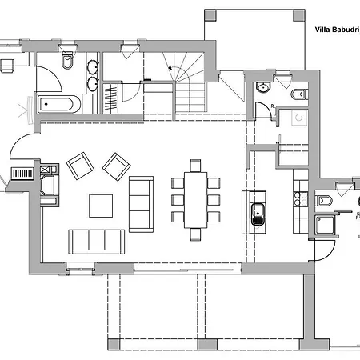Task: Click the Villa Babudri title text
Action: coord(337,30)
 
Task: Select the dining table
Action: coord(195,200)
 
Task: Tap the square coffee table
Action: coord(101,206)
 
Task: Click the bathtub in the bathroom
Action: coord(59,104)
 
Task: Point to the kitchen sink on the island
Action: coord(258,214)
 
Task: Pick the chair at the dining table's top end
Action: coord(195,166)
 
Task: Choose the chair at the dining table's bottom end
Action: coord(195,234)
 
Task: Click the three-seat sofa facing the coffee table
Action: coord(97,242)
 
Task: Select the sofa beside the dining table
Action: coord(141,204)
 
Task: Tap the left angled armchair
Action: coord(80,166)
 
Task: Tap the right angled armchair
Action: coord(117,166)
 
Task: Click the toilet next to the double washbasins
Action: coord(67,60)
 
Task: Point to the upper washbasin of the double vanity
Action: coord(93,66)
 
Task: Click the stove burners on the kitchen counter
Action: coord(301,199)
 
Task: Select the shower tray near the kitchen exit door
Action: coord(325,226)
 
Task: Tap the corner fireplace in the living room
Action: coord(49,185)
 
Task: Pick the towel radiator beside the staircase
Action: coord(110,98)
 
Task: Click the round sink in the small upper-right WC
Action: coord(263,87)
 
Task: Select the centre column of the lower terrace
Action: coord(207,344)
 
